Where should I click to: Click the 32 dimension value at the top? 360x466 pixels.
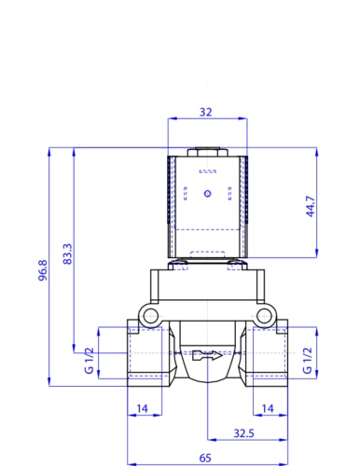[205, 112]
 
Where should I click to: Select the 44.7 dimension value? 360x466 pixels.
[311, 206]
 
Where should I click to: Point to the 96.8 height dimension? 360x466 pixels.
[43, 270]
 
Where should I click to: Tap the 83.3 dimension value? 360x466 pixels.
[67, 254]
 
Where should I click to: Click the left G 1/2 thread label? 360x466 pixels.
[89, 361]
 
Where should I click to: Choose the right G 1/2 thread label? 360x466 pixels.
[307, 361]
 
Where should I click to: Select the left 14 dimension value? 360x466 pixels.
[142, 408]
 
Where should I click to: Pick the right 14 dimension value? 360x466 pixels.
[268, 408]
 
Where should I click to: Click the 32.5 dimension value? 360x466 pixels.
[243, 433]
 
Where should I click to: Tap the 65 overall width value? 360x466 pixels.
[205, 458]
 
